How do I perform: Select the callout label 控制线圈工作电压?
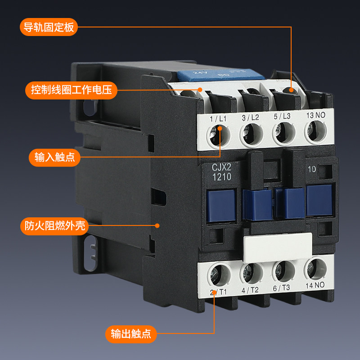click(x=71, y=90)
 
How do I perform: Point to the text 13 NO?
click(x=315, y=115)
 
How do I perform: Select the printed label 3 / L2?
click(x=251, y=117)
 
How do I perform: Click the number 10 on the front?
click(x=312, y=170)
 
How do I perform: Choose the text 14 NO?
click(x=315, y=285)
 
